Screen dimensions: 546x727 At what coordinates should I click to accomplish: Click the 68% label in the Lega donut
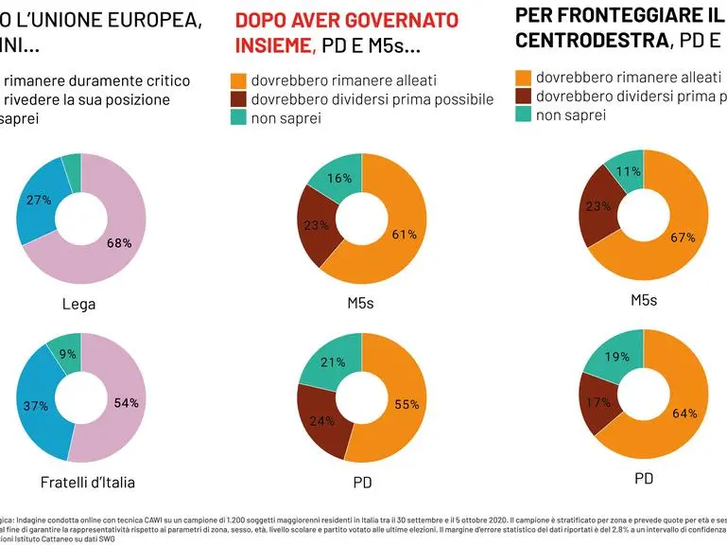click(119, 243)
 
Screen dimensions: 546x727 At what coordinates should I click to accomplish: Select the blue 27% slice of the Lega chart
click(39, 201)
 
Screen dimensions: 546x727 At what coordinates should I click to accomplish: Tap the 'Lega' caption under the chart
click(79, 304)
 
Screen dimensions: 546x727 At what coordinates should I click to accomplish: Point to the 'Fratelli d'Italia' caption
click(88, 483)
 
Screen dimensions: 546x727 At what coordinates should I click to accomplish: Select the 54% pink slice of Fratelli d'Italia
click(126, 402)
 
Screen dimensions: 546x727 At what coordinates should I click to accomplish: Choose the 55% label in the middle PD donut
click(406, 404)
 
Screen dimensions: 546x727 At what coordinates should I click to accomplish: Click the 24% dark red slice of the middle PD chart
click(321, 421)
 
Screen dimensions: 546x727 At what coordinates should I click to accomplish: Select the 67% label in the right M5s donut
click(683, 237)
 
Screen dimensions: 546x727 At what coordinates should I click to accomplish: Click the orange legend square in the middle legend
click(238, 81)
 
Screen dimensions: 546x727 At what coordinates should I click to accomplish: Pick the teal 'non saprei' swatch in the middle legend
click(238, 118)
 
